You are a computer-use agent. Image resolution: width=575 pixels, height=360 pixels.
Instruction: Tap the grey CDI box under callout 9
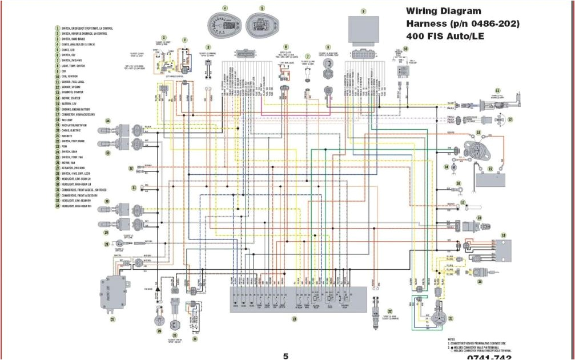(x=363, y=28)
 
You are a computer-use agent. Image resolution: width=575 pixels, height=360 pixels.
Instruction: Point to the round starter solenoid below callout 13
(x=479, y=150)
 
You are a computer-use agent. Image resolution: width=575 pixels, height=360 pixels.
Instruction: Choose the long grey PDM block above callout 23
(x=295, y=299)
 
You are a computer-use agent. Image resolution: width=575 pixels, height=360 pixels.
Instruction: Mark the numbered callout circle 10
(x=406, y=49)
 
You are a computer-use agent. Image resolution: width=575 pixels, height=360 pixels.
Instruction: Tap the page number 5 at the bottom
(x=286, y=356)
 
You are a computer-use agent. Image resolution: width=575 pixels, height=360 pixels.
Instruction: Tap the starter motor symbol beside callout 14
(x=454, y=167)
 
